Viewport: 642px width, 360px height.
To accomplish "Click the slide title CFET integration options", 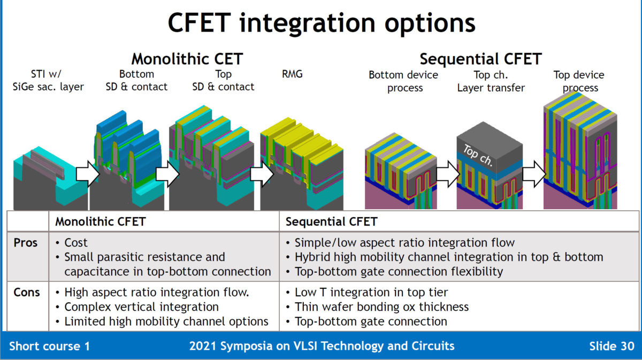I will pyautogui.click(x=321, y=24).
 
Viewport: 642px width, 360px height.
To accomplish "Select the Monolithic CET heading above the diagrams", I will pyautogui.click(x=187, y=58).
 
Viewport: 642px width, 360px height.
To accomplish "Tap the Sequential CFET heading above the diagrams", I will pyautogui.click(x=480, y=58).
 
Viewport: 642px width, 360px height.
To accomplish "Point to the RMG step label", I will pyautogui.click(x=292, y=74).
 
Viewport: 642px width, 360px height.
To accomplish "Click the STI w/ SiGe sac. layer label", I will pyautogui.click(x=48, y=80).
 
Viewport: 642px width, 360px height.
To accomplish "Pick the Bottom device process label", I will pyautogui.click(x=404, y=81).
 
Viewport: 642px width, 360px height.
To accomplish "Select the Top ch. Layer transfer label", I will pyautogui.click(x=491, y=81).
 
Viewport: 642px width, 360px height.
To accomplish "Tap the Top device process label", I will pyautogui.click(x=579, y=81).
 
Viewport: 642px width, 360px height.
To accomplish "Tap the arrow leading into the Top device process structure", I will pyautogui.click(x=534, y=173).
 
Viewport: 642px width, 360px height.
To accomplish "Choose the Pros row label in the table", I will pyautogui.click(x=26, y=243).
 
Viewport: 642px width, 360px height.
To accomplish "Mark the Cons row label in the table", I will pyautogui.click(x=26, y=292).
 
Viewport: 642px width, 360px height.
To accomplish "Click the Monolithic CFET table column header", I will pyautogui.click(x=101, y=221).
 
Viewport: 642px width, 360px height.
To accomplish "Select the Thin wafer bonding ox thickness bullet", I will pyautogui.click(x=381, y=307).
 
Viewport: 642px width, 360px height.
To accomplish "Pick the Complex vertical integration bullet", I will pyautogui.click(x=141, y=307).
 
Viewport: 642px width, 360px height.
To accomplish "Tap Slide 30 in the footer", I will pyautogui.click(x=611, y=346).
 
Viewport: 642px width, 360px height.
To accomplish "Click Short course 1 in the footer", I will pyautogui.click(x=49, y=346).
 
